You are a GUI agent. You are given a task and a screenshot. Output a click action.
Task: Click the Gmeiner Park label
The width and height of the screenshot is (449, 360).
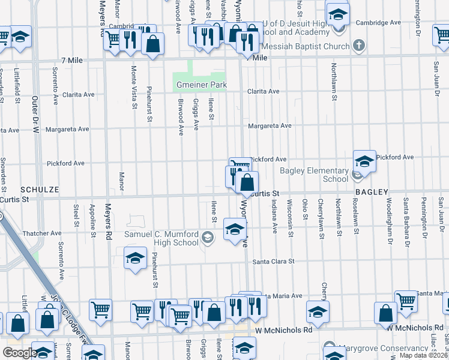[x=202, y=85]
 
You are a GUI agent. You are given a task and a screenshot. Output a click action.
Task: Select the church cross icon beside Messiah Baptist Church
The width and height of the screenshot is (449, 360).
[x=358, y=46]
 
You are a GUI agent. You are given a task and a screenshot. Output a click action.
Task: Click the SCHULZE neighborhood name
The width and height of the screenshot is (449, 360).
[x=40, y=189]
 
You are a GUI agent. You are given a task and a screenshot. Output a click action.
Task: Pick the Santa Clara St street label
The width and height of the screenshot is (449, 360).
[x=274, y=262]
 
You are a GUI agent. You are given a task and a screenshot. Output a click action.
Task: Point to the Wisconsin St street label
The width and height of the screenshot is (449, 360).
[x=290, y=218]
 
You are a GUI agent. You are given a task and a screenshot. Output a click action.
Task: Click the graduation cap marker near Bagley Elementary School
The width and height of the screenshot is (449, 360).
[x=364, y=161]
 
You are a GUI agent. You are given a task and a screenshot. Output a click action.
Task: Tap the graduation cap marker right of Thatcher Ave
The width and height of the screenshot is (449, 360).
[x=235, y=229]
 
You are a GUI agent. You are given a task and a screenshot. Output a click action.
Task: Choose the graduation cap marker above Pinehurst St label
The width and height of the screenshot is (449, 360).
[x=136, y=258]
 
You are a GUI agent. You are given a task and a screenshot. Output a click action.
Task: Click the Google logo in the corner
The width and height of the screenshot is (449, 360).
[x=20, y=353]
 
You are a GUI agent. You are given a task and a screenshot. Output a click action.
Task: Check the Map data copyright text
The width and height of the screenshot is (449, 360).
[x=423, y=355]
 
